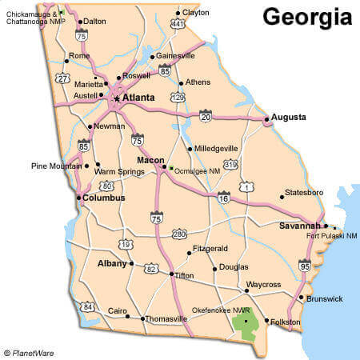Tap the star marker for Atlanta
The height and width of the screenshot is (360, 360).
(x=117, y=98)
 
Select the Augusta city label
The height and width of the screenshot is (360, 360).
(x=288, y=117)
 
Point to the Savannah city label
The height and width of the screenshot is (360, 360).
(x=300, y=226)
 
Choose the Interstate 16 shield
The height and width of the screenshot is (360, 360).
(x=223, y=197)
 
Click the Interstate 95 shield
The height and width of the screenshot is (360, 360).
(x=304, y=265)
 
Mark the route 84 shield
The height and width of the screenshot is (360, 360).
(x=87, y=307)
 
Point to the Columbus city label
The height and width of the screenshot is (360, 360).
(x=104, y=198)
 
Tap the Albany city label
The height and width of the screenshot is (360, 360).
(x=112, y=263)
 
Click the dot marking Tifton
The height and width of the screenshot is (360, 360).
(x=171, y=274)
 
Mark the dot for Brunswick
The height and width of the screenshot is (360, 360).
(x=300, y=298)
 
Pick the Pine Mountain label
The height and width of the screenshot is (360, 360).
(x=57, y=166)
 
